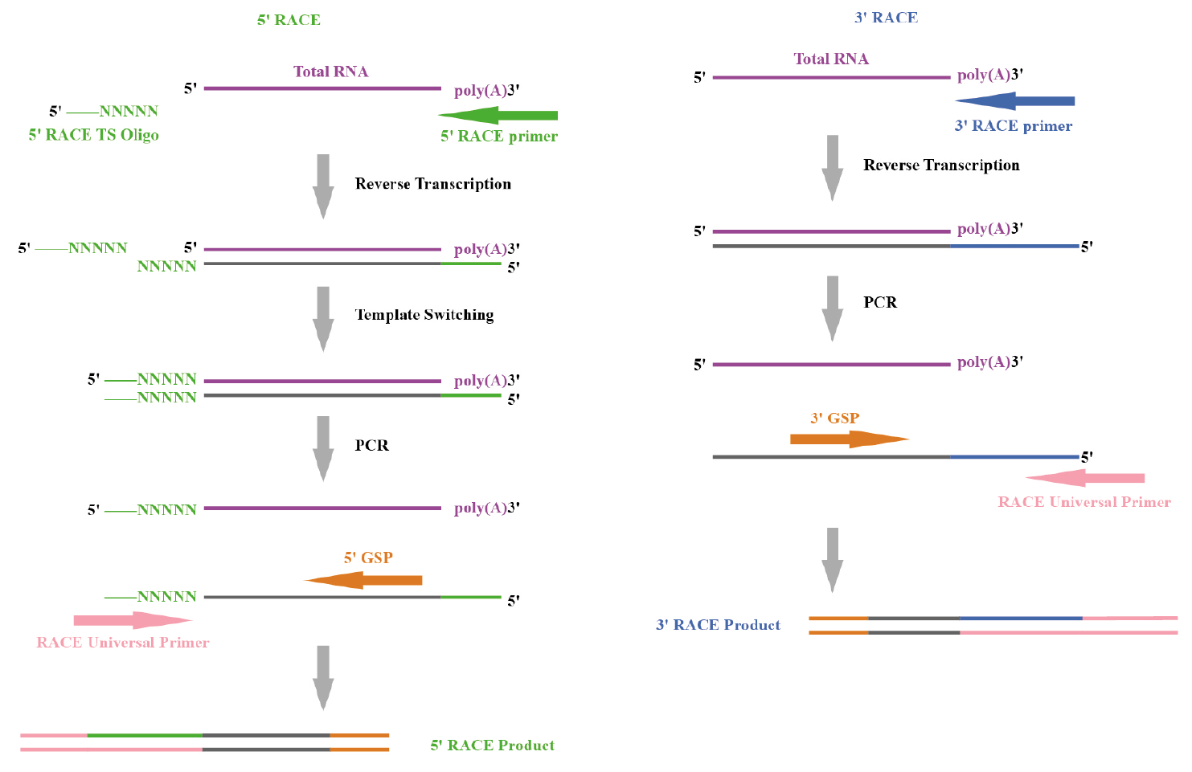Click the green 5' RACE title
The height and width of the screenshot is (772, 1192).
(289, 20)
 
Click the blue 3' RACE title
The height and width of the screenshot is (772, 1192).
(886, 18)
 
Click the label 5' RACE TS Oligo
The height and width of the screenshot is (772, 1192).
(94, 135)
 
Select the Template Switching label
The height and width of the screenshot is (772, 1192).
(424, 315)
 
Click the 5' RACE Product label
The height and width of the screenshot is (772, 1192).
(492, 745)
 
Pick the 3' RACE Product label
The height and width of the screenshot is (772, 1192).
(718, 625)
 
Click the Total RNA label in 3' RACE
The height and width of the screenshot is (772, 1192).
(831, 59)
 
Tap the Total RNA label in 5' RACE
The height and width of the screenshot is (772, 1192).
(330, 71)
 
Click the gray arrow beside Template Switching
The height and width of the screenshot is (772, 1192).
(323, 318)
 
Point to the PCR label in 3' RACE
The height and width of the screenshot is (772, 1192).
(880, 303)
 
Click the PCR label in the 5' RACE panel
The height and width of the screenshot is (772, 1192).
(372, 446)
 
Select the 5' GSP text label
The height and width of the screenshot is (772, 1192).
(368, 558)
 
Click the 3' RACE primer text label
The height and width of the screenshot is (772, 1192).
(1013, 126)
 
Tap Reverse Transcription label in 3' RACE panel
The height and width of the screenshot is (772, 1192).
(941, 165)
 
